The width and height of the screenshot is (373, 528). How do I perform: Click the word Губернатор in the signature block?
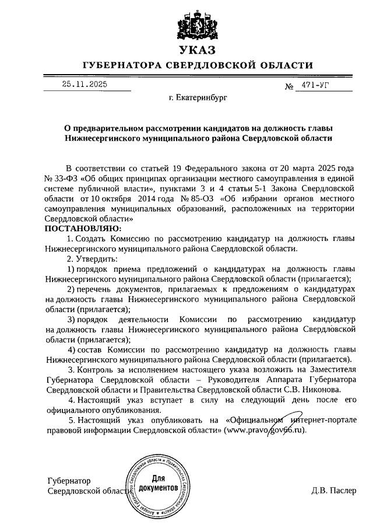coord(68,481)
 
